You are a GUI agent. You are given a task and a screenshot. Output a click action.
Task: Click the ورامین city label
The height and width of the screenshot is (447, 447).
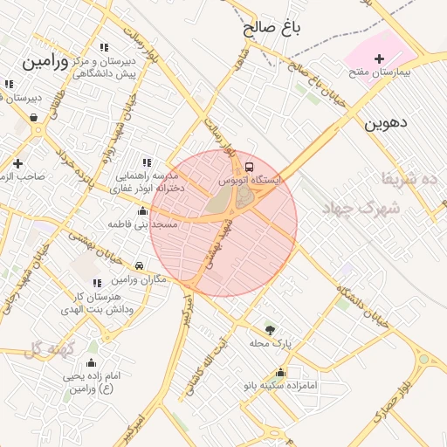pos(45,63)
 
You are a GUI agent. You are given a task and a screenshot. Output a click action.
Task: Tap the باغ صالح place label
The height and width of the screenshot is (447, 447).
pos(272,28)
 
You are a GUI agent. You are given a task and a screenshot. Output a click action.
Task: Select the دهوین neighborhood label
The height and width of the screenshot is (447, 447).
pos(385,122)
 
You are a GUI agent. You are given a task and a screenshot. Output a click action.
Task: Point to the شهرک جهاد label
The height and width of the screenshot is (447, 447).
pos(361,209)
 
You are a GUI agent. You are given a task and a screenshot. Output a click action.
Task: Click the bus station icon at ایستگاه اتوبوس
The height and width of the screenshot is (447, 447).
pos(250,166)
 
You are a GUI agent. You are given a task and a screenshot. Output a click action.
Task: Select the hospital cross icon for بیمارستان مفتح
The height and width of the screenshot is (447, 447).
pos(378,59)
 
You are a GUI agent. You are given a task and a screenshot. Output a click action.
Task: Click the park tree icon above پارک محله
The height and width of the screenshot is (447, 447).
pos(270,330)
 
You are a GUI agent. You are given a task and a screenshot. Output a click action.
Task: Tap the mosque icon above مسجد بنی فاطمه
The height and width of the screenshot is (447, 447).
pos(142,210)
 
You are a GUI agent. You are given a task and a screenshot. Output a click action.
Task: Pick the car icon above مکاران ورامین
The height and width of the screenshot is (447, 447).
pos(139,265)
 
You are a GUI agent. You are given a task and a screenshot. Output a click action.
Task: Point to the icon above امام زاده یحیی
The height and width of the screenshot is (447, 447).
pos(92,363)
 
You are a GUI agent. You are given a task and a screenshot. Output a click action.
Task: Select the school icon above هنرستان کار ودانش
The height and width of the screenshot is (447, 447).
pos(97,282)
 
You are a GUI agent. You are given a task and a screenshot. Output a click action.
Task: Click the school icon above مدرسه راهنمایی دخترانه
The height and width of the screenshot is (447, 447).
pos(146,162)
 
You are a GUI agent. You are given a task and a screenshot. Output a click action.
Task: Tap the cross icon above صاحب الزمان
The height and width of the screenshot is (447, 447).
pos(17,162)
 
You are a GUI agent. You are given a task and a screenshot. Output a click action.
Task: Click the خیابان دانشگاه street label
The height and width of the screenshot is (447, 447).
pos(359,301)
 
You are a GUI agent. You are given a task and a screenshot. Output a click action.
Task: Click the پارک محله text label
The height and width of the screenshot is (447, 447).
pos(270,344)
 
